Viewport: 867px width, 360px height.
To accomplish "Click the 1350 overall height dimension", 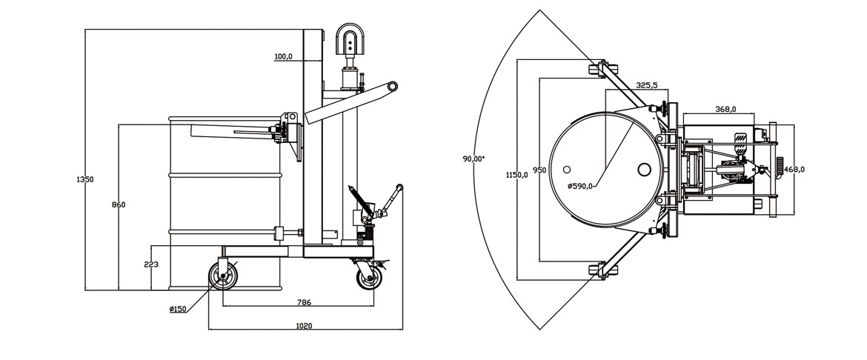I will (86, 179).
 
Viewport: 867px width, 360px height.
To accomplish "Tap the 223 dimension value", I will (151, 264).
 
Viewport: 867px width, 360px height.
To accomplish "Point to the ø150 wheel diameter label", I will (178, 309).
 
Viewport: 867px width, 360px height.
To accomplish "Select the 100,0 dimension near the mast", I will (283, 56).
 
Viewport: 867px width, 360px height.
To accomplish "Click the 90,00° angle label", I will (473, 159).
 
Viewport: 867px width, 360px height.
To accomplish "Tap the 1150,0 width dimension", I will (516, 175).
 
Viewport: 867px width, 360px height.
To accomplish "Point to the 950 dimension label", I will (539, 170).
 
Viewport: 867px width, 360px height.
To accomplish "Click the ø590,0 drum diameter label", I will (579, 186).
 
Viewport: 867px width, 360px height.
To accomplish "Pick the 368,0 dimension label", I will (725, 110).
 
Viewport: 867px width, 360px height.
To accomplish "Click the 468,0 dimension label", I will (794, 169).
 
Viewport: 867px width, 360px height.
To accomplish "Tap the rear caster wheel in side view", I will (369, 279).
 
